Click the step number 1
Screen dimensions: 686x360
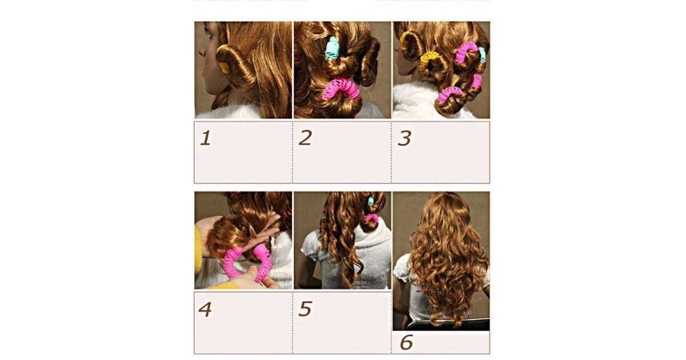click(205, 138)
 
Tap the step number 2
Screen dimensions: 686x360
click(305, 138)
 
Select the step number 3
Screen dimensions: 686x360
click(405, 138)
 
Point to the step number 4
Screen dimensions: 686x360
click(205, 309)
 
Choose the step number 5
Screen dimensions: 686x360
click(305, 309)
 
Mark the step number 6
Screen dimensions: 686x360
click(406, 342)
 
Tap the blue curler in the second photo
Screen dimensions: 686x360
click(331, 49)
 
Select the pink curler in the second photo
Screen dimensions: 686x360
click(341, 89)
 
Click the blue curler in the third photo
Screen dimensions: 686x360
click(482, 54)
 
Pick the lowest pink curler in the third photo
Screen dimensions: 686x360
click(451, 93)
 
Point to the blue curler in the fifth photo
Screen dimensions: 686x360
click(371, 201)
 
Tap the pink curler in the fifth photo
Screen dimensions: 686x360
click(371, 218)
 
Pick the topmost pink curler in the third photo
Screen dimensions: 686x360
click(465, 52)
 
